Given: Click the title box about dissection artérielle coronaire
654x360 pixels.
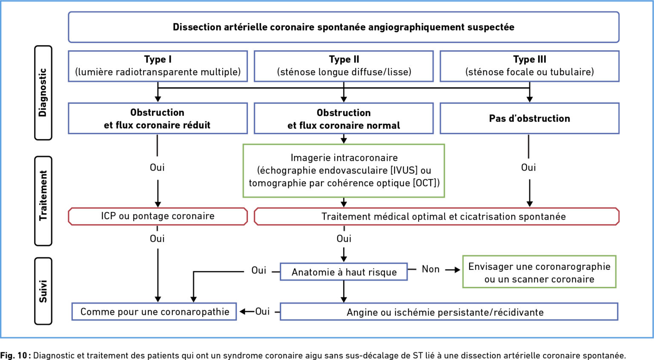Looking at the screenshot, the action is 344,27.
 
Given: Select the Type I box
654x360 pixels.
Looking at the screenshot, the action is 158,66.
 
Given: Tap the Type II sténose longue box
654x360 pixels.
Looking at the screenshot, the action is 344,66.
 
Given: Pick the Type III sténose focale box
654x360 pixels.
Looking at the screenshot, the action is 530,66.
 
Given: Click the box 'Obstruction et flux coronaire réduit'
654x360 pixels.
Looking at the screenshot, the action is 158,118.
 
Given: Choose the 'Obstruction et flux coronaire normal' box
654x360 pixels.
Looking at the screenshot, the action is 344,118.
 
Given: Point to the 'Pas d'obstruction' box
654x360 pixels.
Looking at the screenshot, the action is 530,118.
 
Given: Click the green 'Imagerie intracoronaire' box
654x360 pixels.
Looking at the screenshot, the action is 344,171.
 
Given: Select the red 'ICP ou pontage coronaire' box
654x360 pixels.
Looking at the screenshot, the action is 158,217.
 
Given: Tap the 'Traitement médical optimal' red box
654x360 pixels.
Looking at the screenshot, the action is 437,217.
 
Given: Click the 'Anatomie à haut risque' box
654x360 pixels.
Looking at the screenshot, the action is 344,272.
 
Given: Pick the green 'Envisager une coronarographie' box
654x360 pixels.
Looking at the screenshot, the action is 539,272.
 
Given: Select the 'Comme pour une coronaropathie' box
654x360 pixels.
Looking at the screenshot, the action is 154,311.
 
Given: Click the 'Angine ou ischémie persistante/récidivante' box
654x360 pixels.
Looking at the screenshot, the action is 449,311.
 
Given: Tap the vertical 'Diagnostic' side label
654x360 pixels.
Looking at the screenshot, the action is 43,93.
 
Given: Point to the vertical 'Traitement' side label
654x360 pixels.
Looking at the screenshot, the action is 43,201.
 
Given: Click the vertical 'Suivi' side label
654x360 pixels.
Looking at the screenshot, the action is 43,291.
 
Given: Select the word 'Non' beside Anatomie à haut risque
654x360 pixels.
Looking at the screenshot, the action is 430,269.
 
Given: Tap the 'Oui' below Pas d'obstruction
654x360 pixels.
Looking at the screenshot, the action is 528,168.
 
